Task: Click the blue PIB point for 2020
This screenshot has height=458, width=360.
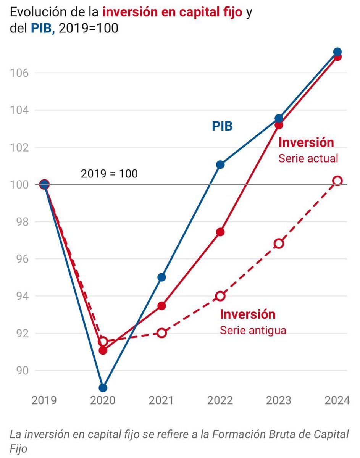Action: [103, 388]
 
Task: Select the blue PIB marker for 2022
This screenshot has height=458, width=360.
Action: [220, 164]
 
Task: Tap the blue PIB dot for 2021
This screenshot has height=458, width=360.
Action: [161, 277]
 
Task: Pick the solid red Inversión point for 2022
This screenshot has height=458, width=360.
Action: [220, 232]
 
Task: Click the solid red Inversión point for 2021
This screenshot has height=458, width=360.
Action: [161, 306]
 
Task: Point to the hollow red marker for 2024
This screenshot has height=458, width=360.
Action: [337, 181]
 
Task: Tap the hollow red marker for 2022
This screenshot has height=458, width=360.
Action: [220, 296]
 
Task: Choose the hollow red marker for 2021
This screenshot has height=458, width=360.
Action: [161, 333]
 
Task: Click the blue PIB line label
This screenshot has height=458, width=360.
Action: [222, 126]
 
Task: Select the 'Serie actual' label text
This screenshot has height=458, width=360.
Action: [308, 158]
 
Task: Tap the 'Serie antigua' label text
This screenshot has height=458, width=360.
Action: [253, 330]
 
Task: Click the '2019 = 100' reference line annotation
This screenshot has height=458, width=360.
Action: [109, 174]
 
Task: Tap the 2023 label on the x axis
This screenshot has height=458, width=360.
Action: [279, 400]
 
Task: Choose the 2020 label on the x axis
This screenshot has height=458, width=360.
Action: [103, 400]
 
